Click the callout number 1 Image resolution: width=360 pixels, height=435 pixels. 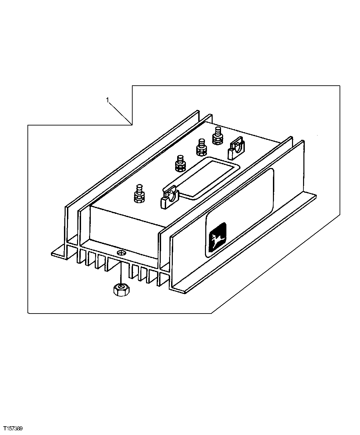pyautogui.click(x=107, y=100)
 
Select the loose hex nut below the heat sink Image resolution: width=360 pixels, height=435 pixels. pyautogui.click(x=119, y=289)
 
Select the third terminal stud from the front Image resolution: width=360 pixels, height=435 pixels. pyautogui.click(x=202, y=147)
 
